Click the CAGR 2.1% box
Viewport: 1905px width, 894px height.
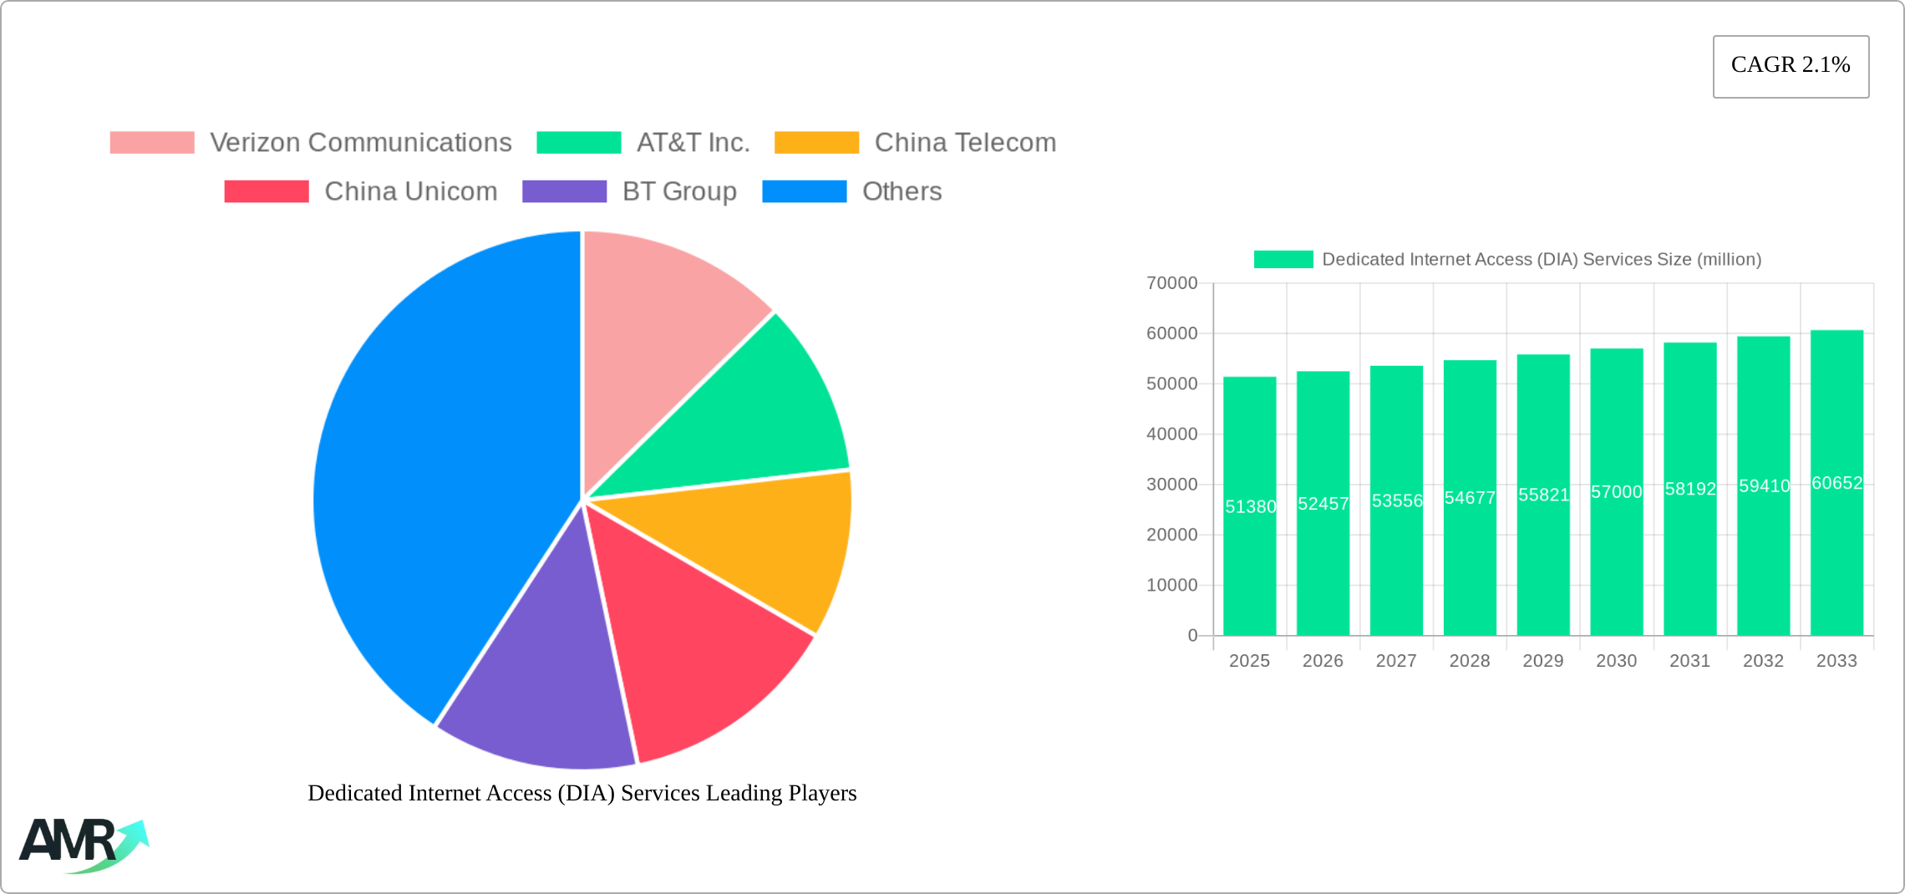pos(1791,66)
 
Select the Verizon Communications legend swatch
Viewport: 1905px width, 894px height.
pos(152,143)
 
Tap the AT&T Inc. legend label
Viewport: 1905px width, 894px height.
pos(693,143)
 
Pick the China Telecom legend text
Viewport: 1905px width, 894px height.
pos(965,143)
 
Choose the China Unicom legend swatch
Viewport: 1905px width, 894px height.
pos(267,191)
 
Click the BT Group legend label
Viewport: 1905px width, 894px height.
pos(679,191)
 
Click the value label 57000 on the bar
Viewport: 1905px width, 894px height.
pos(1616,492)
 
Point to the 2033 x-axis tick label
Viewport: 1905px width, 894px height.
pos(1836,661)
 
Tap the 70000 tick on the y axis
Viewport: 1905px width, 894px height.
pos(1171,283)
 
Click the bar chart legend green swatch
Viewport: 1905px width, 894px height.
pos(1283,260)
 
